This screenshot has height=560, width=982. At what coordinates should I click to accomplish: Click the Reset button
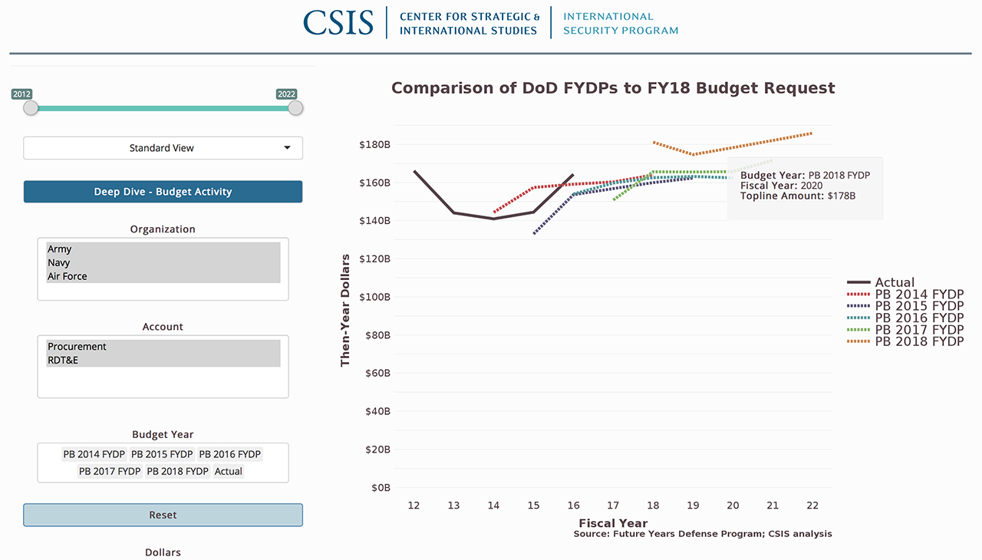point(163,516)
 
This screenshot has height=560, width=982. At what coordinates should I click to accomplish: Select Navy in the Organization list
point(59,262)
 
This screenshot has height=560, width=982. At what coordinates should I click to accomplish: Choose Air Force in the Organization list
point(68,276)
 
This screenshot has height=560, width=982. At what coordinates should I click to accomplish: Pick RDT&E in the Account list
point(63,361)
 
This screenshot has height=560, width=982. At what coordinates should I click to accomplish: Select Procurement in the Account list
point(77,347)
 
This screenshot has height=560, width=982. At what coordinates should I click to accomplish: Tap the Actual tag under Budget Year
point(229,471)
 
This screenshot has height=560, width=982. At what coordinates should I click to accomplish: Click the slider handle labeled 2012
point(31,108)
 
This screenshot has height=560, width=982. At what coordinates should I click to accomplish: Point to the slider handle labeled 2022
point(295,108)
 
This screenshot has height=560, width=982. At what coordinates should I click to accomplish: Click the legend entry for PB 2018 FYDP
point(919,341)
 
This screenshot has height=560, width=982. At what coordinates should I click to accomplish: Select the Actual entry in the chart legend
point(895,282)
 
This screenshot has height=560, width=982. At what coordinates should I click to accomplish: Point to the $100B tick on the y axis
point(374,297)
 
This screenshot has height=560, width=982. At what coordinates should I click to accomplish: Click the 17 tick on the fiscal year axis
point(613,506)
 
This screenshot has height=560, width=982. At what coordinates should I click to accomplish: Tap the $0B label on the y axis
point(381,488)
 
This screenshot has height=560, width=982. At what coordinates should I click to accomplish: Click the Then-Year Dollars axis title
point(345,310)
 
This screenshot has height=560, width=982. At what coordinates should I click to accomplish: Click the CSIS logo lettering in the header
point(338,22)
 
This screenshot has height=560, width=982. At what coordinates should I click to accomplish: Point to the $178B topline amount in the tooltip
point(842,196)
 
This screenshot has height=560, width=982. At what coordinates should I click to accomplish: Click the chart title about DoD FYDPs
point(613,88)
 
